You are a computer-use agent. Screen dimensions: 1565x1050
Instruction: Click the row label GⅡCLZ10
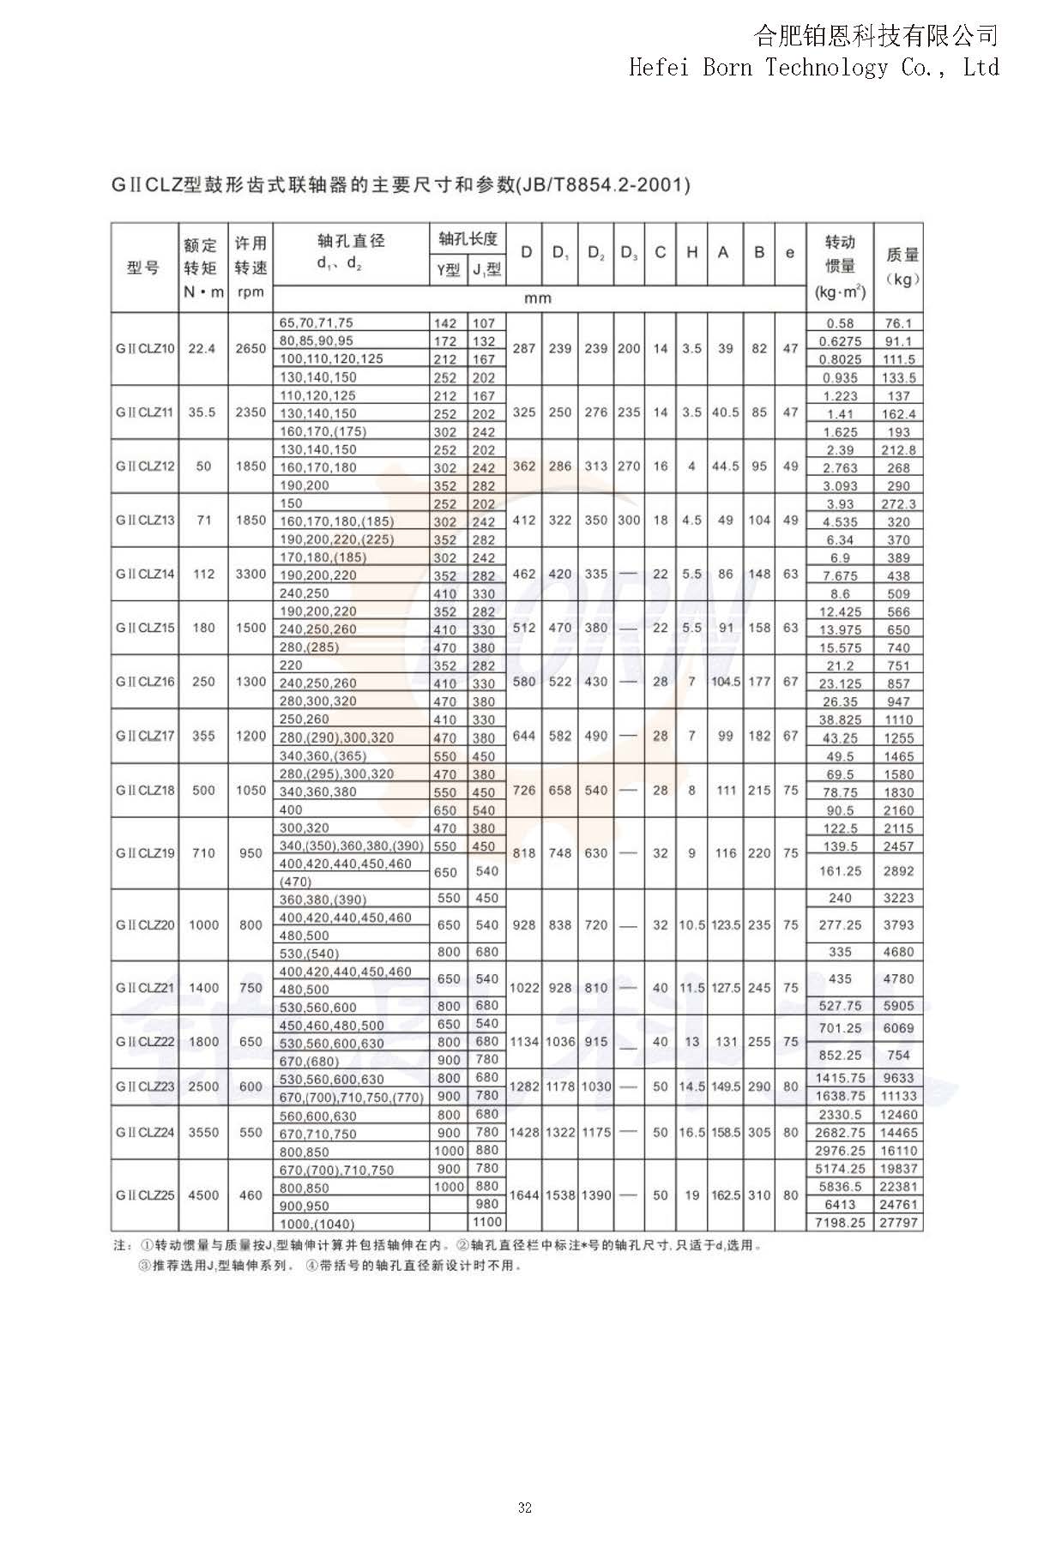[145, 349]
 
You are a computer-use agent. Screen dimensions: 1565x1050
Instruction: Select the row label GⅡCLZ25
[145, 1195]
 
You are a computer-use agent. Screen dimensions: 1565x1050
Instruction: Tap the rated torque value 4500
[203, 1195]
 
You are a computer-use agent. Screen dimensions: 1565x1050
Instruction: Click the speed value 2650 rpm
[250, 349]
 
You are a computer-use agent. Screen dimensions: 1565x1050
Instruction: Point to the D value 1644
[523, 1195]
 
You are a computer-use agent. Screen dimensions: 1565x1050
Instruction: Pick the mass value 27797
[898, 1223]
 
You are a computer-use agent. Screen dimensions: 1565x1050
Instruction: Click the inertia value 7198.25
[840, 1223]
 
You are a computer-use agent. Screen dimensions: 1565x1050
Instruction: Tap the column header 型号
[143, 267]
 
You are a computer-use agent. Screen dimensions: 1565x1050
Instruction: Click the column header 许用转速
[250, 256]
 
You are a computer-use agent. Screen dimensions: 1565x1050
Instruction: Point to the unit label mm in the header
[538, 298]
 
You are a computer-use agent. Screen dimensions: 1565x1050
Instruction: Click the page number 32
[525, 1508]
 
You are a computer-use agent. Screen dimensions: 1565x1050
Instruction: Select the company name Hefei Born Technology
[812, 67]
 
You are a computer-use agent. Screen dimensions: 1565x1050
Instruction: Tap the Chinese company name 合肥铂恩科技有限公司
[876, 36]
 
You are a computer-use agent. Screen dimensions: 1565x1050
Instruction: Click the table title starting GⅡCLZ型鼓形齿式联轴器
[401, 184]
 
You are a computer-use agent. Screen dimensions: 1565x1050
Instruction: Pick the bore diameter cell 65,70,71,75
[317, 323]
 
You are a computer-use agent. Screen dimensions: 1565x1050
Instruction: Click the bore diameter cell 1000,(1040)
[317, 1224]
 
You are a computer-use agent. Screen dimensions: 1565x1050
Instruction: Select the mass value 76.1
[898, 323]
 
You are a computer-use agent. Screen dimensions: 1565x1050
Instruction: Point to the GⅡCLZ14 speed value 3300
[250, 575]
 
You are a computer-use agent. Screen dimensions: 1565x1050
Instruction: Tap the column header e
[790, 252]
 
